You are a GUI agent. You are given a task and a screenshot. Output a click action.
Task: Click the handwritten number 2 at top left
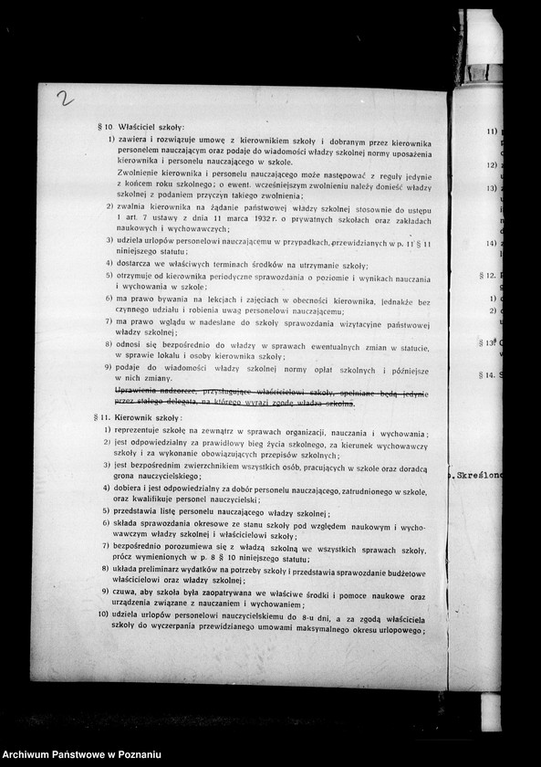[65, 98]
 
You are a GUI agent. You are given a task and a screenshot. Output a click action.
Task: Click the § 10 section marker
[105, 126]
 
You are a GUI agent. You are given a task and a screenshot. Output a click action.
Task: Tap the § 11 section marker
[101, 417]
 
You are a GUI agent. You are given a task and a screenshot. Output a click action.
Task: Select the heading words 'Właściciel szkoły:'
[151, 126]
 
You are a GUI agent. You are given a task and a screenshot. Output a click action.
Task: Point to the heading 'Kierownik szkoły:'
[150, 417]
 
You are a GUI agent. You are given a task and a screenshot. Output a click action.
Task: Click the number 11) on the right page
[491, 131]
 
